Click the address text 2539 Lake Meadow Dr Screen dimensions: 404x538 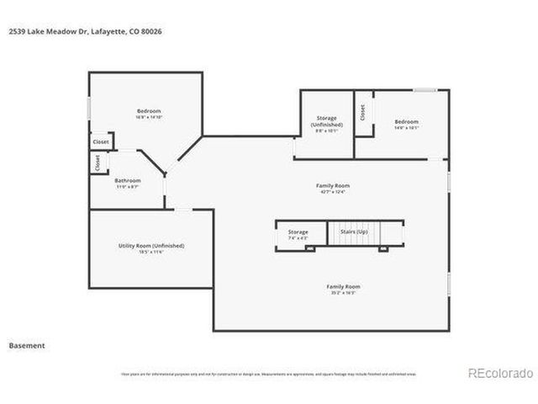[37, 32]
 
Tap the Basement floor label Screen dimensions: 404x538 [26, 345]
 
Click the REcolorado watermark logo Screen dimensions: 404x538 [499, 373]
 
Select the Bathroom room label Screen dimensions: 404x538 [128, 180]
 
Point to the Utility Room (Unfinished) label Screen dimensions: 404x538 [151, 246]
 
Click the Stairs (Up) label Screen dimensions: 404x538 [352, 231]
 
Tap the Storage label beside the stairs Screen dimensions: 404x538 [298, 231]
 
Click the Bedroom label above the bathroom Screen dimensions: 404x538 [149, 111]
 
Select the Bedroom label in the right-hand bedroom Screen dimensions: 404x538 [406, 122]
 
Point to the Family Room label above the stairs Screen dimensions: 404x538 [332, 185]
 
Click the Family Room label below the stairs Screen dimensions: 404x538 [343, 286]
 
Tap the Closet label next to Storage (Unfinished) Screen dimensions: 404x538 [362, 112]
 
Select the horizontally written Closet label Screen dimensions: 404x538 [100, 142]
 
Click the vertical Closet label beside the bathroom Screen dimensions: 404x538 [97, 162]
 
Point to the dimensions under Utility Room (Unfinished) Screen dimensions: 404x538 [151, 252]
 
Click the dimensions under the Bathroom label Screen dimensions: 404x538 [128, 186]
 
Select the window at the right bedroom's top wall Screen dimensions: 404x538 [425, 90]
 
